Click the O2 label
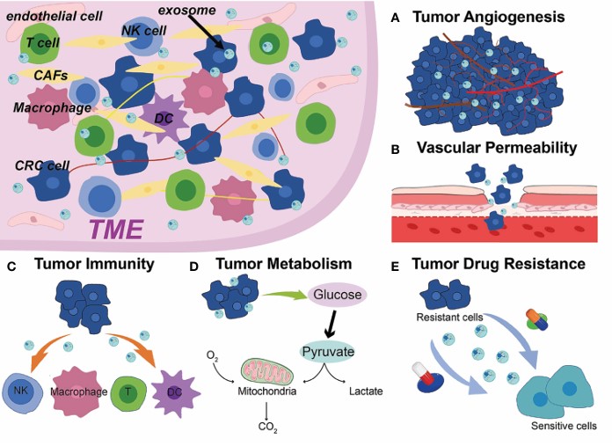213,355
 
